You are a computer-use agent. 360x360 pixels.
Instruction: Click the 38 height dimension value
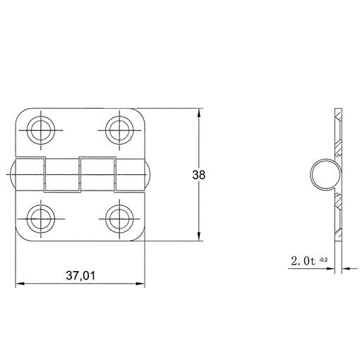tap(199, 175)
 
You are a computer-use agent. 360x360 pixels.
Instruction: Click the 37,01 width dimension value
tap(80, 275)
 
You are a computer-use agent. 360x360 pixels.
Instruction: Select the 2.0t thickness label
tap(304, 261)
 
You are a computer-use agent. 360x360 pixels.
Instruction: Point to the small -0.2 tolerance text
tap(323, 260)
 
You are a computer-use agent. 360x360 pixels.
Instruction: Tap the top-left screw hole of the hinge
tap(41, 130)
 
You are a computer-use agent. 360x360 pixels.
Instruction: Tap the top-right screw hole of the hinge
tap(119, 130)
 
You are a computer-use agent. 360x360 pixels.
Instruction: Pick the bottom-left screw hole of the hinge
tap(41, 219)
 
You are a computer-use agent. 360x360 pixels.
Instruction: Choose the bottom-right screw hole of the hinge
tap(119, 219)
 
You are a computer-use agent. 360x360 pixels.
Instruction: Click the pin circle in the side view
tap(311, 174)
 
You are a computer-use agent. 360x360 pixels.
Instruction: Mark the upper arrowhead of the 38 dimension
tap(199, 112)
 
